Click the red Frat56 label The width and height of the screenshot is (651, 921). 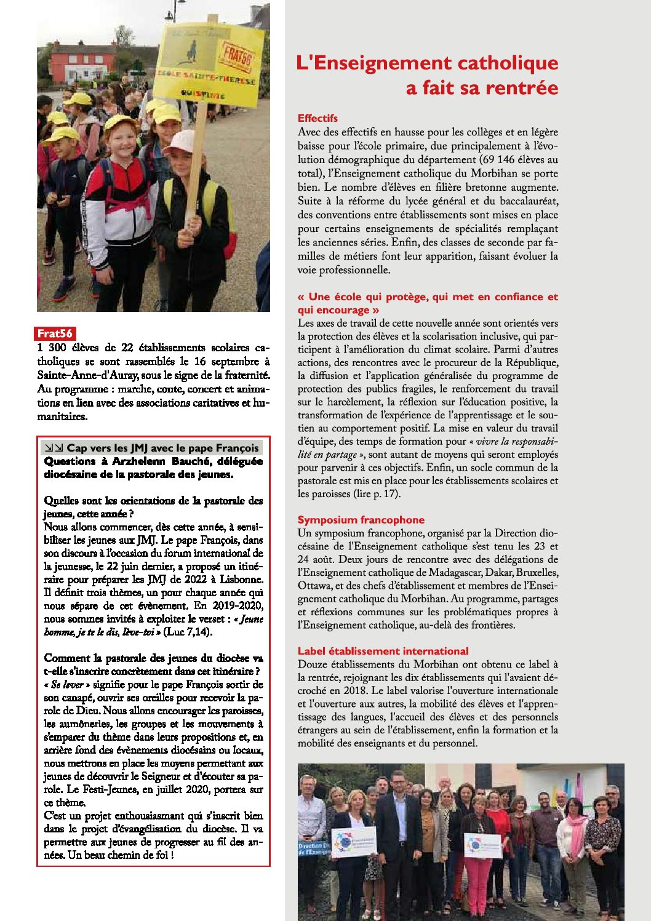click(55, 333)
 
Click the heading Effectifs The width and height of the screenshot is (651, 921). click(318, 118)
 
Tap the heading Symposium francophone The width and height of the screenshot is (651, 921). click(361, 520)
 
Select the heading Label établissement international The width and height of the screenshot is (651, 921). click(383, 651)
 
